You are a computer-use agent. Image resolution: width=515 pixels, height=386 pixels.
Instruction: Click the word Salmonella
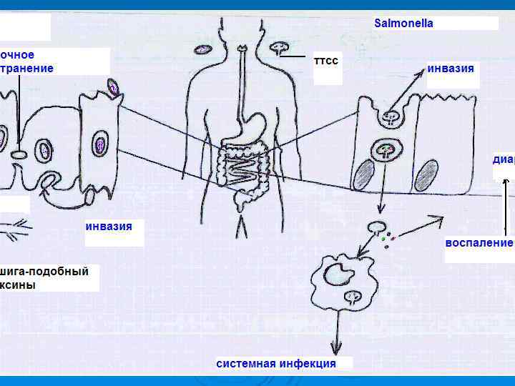pyautogui.click(x=403, y=23)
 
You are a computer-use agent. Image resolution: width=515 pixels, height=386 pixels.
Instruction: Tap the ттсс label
pyautogui.click(x=326, y=61)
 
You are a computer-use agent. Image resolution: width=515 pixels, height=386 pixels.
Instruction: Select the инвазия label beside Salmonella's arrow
pyautogui.click(x=450, y=69)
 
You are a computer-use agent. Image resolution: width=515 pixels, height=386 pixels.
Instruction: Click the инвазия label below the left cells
pyautogui.click(x=109, y=227)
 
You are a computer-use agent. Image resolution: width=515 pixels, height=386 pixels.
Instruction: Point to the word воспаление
pyautogui.click(x=479, y=242)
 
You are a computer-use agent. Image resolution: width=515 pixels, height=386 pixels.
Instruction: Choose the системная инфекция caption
pyautogui.click(x=276, y=363)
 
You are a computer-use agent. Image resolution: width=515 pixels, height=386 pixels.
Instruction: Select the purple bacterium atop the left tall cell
pyautogui.click(x=113, y=87)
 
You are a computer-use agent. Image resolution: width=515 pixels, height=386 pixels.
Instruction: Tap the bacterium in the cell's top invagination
pyautogui.click(x=391, y=115)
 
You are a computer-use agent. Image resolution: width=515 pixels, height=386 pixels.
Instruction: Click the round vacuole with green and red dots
pyautogui.click(x=386, y=151)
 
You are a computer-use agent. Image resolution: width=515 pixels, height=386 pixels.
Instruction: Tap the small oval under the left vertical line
pyautogui.click(x=19, y=154)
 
